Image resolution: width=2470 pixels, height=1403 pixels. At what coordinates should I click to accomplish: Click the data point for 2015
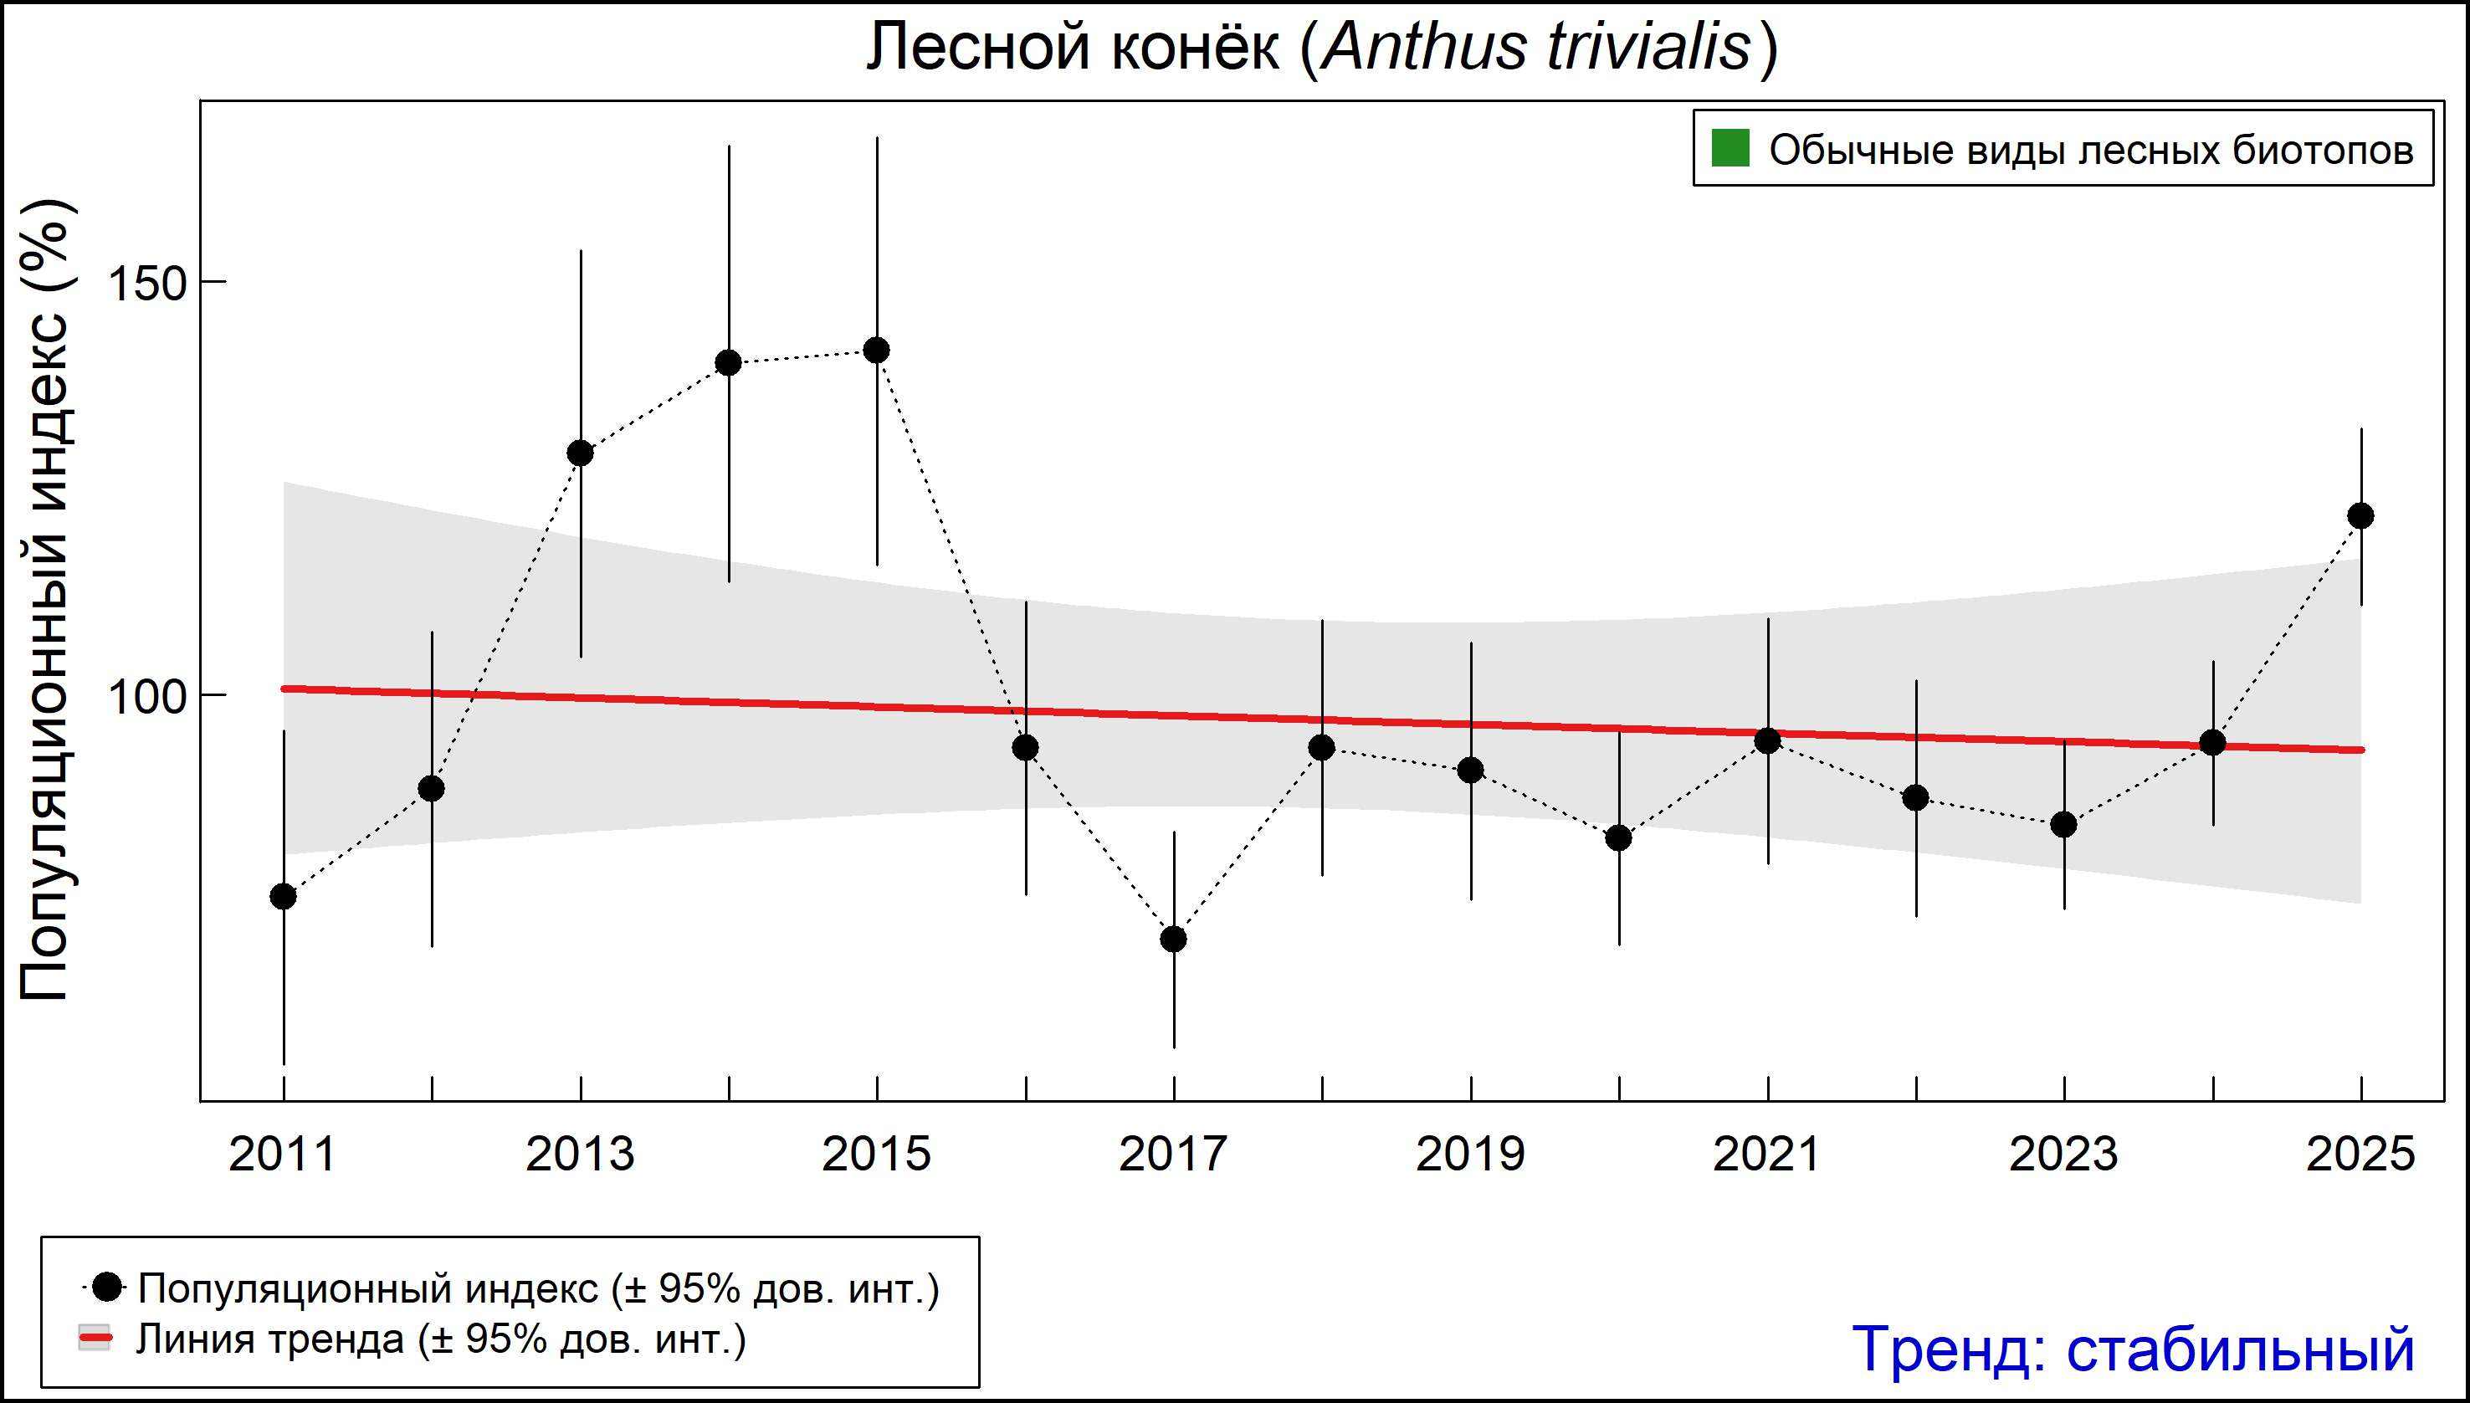pos(876,351)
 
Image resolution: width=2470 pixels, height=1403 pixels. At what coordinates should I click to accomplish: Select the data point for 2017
pos(1173,939)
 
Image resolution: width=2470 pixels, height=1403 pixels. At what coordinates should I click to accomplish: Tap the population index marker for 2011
pos(284,897)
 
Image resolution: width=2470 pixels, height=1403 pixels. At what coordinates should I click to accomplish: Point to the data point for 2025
pos(2360,516)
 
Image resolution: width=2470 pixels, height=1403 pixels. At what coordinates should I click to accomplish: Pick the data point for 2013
pos(580,453)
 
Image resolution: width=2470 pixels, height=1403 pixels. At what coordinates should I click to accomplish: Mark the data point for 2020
pos(1619,837)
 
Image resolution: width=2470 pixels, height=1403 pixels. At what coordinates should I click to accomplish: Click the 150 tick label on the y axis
pos(146,284)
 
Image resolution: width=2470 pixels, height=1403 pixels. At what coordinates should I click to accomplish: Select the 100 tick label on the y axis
pos(146,697)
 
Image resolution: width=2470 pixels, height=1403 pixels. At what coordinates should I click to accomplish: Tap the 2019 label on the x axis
pos(1469,1155)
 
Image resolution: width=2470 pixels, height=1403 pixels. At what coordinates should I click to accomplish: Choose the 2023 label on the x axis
pos(2063,1155)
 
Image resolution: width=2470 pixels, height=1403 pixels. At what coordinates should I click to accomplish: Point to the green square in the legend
pos(1730,150)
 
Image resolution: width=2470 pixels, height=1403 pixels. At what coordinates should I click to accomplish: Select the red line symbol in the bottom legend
pos(95,1339)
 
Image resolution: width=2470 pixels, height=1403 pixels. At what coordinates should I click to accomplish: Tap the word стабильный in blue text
pos(2240,1349)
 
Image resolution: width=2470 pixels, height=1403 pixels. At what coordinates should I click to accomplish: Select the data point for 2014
pos(729,363)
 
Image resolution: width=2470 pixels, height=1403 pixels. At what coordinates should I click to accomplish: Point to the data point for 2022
pos(1916,798)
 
